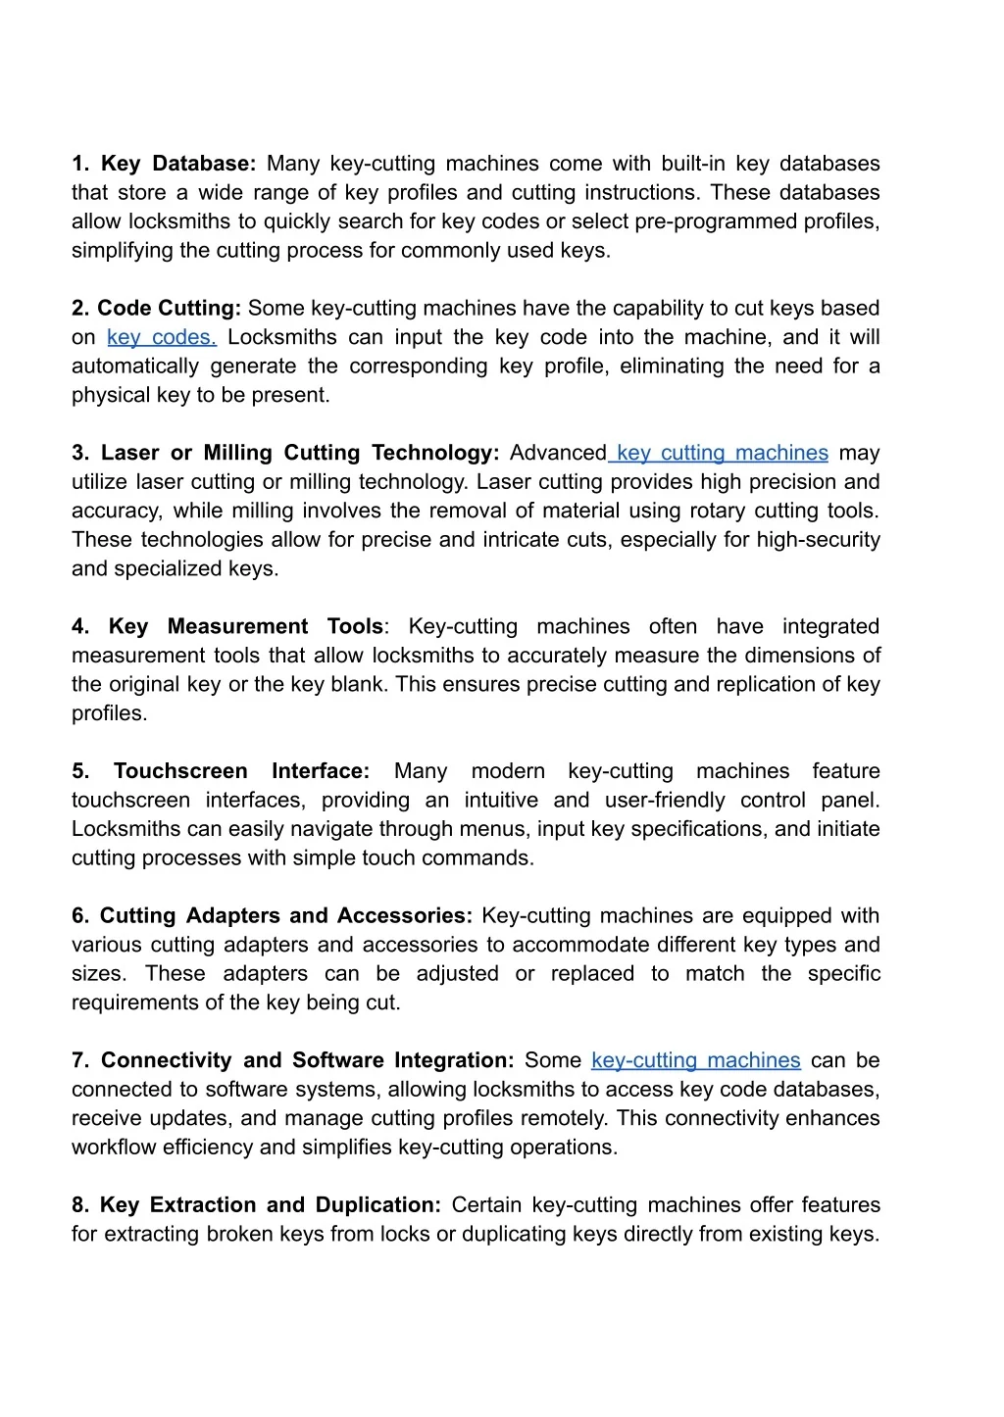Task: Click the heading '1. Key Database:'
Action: coord(164,164)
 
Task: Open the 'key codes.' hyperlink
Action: coord(162,337)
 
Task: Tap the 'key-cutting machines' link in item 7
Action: coord(696,1060)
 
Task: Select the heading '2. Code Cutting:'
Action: coord(156,308)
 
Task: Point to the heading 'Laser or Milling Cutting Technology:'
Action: coord(300,453)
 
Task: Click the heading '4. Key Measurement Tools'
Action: coord(227,626)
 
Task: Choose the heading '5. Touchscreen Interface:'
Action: coord(221,771)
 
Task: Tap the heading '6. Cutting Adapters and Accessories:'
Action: coord(272,915)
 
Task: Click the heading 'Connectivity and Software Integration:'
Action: coord(307,1060)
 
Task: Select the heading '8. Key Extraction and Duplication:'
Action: coord(256,1204)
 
